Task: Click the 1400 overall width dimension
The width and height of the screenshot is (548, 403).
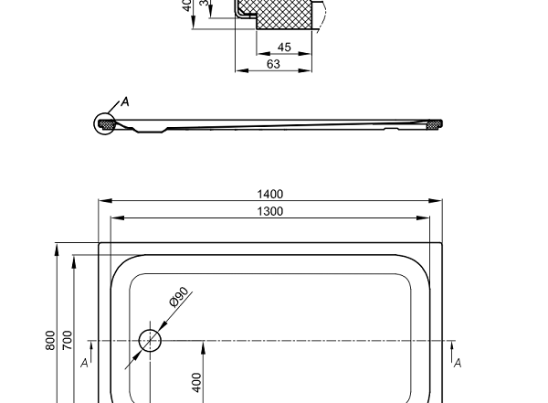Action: [270, 194]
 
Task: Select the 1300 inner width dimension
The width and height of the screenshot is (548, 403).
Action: [270, 212]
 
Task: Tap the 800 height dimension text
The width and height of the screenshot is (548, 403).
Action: [50, 340]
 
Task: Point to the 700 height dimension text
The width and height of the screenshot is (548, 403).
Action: [67, 340]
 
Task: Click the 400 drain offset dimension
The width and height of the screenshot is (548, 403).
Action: [196, 381]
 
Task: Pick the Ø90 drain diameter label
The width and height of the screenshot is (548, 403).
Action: [178, 298]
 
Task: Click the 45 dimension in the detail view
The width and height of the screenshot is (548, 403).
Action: [284, 48]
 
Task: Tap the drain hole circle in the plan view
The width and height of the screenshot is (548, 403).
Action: [150, 342]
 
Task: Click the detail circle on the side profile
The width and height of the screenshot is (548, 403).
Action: [106, 123]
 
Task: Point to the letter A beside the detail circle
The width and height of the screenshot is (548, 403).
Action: [125, 101]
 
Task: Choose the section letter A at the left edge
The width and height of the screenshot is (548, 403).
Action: [84, 363]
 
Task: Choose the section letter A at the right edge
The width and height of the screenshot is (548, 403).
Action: [458, 363]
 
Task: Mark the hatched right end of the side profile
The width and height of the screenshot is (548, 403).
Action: [436, 123]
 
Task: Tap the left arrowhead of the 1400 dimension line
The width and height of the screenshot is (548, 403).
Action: [102, 200]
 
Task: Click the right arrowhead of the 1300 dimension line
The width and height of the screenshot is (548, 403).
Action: [427, 218]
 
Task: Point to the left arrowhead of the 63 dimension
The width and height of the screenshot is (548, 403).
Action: [238, 69]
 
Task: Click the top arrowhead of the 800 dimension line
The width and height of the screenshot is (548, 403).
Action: [58, 246]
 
